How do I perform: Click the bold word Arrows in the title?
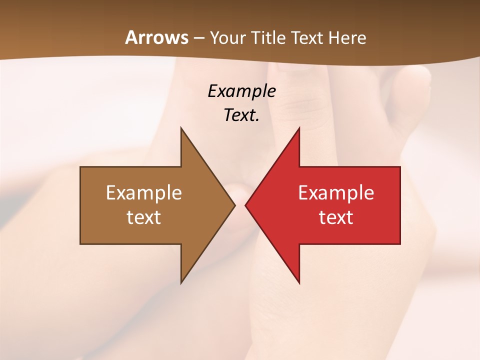(157, 37)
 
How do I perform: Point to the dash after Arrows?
(199, 38)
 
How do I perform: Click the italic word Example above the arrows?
(241, 91)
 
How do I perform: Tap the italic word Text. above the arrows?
(241, 115)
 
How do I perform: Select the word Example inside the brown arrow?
(144, 192)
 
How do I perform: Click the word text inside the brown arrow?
(144, 217)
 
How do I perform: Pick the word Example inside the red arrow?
(336, 192)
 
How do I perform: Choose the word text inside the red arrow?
(336, 217)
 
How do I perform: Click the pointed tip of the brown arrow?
(235, 205)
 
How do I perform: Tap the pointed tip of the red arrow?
(245, 205)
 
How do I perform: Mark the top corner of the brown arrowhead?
(181, 127)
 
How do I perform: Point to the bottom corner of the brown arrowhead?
(181, 283)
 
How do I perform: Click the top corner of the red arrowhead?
(299, 127)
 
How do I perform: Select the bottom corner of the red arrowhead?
(299, 283)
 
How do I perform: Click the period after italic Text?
(257, 120)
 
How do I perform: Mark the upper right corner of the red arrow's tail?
(400, 167)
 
